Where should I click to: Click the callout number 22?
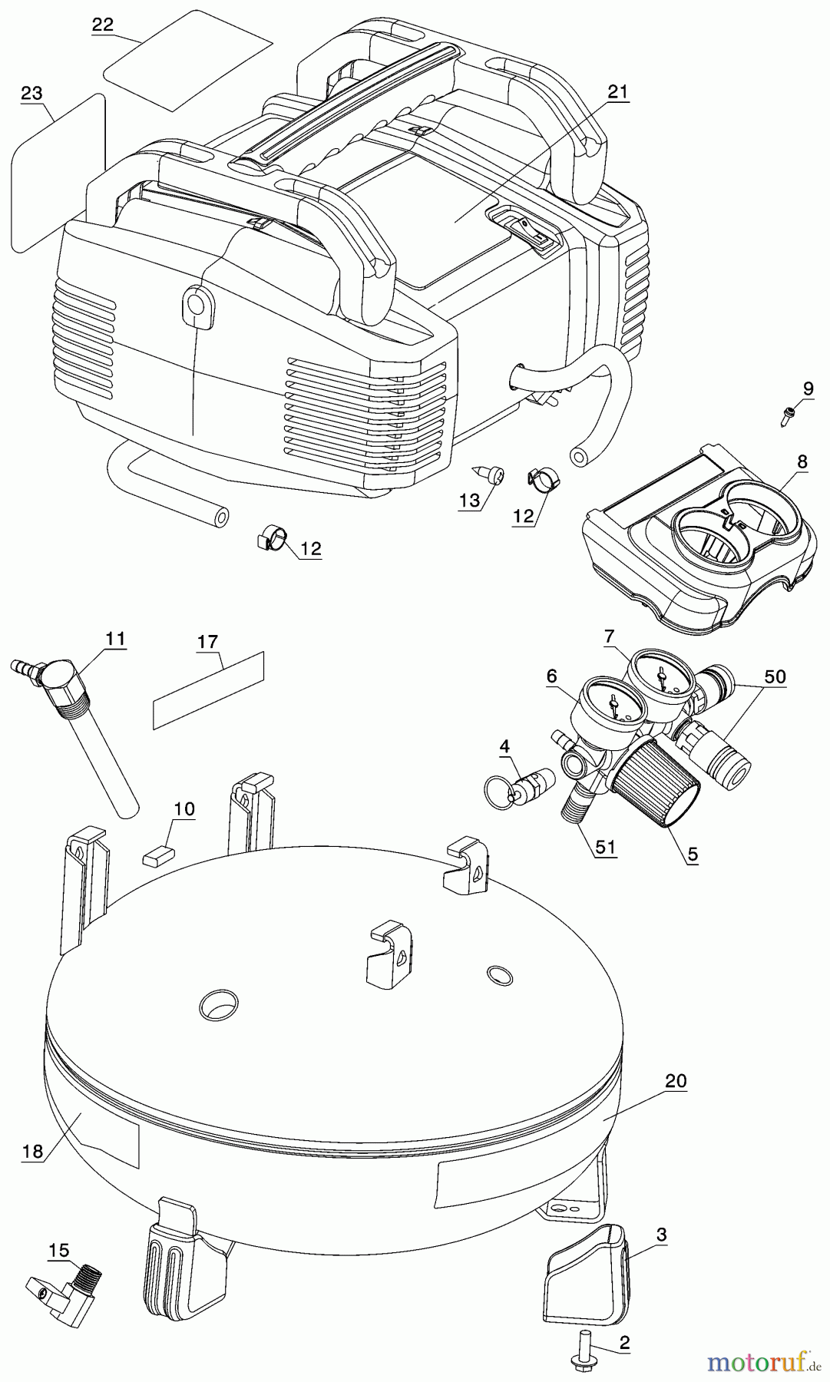click(x=103, y=24)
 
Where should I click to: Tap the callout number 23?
click(x=31, y=94)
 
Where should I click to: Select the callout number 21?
click(x=617, y=92)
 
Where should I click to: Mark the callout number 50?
click(x=775, y=676)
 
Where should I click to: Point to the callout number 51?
click(x=606, y=848)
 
